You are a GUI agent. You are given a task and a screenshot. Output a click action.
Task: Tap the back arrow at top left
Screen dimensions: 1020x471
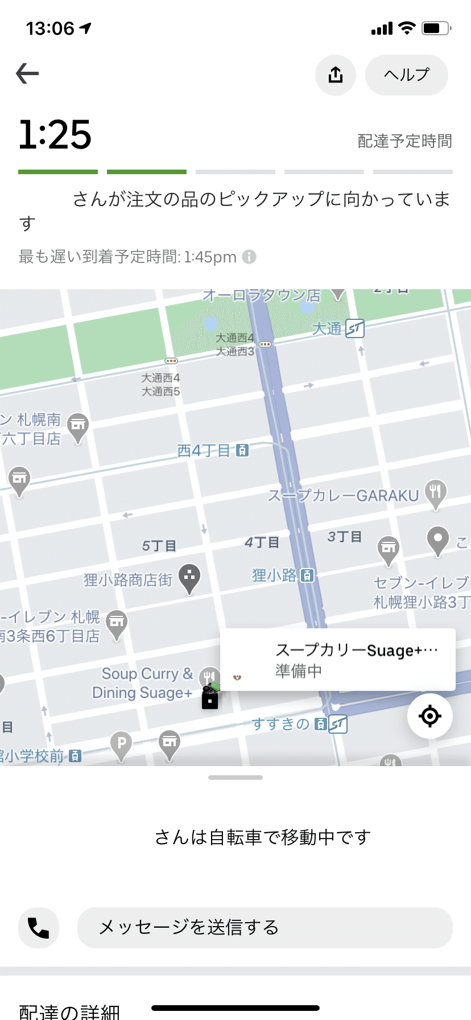click(27, 73)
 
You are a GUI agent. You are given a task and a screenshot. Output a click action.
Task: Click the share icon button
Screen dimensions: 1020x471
click(336, 75)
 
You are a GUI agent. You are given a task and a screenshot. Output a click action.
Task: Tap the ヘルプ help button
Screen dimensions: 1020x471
click(406, 75)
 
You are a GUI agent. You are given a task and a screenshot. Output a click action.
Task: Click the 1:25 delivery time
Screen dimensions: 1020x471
click(55, 135)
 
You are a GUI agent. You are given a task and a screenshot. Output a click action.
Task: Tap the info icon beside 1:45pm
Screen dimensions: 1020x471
click(249, 257)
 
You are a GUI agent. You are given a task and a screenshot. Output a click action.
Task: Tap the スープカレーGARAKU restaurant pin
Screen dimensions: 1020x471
click(435, 493)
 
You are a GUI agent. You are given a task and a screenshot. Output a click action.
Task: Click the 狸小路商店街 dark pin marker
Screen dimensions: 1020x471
click(189, 578)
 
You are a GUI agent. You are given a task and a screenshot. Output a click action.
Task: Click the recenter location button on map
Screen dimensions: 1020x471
click(430, 715)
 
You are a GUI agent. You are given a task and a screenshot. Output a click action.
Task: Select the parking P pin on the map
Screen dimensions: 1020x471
click(121, 744)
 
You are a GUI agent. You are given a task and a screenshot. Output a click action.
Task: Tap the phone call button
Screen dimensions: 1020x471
click(39, 928)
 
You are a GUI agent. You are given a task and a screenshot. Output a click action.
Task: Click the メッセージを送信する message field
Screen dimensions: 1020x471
click(265, 928)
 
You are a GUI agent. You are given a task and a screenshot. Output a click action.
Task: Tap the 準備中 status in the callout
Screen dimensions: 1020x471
click(299, 672)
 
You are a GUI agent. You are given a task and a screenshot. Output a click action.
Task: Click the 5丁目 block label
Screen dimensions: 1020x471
click(159, 546)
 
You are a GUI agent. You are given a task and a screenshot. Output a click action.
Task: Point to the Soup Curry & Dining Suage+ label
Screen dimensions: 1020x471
click(143, 683)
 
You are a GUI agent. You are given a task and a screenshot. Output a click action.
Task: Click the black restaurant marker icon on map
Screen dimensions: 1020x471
click(210, 698)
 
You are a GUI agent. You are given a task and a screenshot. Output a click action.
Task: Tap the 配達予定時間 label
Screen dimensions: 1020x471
click(404, 141)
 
